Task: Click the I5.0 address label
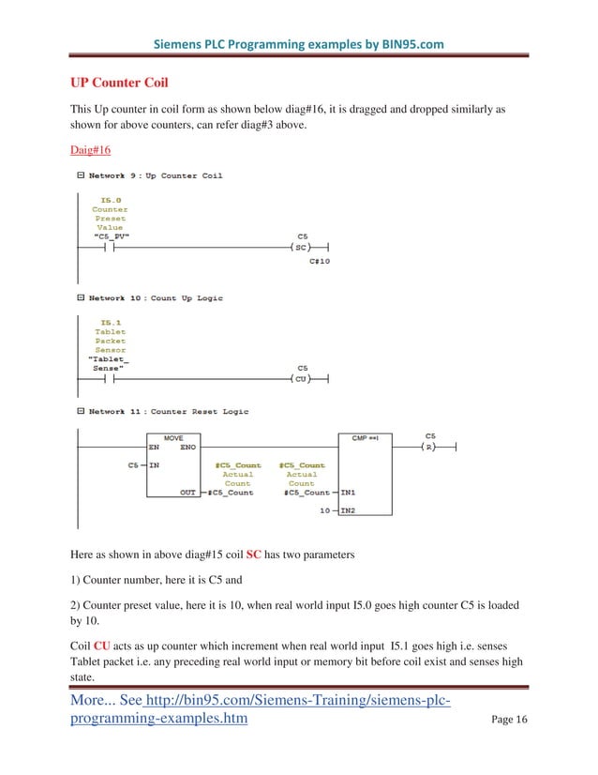point(110,199)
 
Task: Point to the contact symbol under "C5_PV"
point(110,248)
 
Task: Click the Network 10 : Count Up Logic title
point(156,298)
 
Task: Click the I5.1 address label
point(110,322)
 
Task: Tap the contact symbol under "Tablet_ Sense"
point(110,379)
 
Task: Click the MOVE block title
point(173,438)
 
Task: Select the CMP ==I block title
point(365,438)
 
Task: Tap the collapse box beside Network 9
point(81,175)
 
